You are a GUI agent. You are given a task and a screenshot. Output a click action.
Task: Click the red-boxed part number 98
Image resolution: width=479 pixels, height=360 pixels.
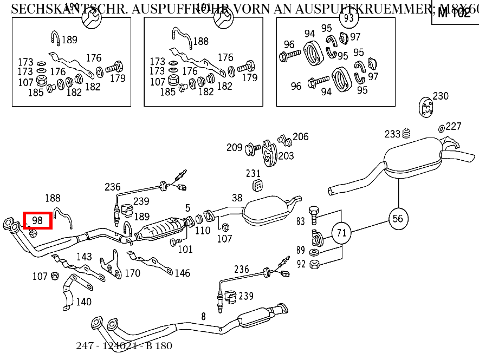(37, 220)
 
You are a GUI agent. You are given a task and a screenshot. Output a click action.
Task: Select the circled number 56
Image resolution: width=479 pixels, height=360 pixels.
(398, 218)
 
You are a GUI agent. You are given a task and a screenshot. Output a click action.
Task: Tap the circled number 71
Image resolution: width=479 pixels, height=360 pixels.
(341, 233)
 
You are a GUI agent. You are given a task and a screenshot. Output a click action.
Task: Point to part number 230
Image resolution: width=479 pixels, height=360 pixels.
(441, 96)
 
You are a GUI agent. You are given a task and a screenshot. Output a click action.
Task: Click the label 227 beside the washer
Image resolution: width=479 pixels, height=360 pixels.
(454, 126)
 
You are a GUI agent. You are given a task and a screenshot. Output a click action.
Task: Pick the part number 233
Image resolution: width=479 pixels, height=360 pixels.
(392, 134)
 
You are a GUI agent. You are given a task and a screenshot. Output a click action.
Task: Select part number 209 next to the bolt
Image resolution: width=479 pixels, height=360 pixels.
(235, 147)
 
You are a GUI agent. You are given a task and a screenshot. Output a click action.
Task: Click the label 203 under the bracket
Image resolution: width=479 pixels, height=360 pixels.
(286, 156)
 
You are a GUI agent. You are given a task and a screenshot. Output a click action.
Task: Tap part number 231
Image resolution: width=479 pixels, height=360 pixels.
(254, 174)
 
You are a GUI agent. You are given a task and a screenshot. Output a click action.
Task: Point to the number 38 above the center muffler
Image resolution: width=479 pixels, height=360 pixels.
(237, 198)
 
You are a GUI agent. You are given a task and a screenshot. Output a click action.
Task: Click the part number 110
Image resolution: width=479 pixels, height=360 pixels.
(203, 231)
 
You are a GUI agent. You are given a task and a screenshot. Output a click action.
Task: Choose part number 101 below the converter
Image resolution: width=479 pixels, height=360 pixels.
(185, 250)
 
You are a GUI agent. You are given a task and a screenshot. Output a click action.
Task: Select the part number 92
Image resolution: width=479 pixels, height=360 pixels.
(301, 264)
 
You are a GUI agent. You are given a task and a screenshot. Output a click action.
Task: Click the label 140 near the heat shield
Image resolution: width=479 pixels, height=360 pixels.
(83, 302)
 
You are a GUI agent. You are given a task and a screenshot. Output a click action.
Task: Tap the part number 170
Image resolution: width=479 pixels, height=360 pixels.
(133, 273)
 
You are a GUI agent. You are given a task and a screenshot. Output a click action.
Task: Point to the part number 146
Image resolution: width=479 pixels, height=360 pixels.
(183, 273)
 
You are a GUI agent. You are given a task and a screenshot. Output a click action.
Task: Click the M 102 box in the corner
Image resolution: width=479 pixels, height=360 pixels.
(454, 12)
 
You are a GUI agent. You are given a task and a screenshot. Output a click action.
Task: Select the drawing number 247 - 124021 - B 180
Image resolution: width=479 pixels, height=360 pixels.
(124, 345)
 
